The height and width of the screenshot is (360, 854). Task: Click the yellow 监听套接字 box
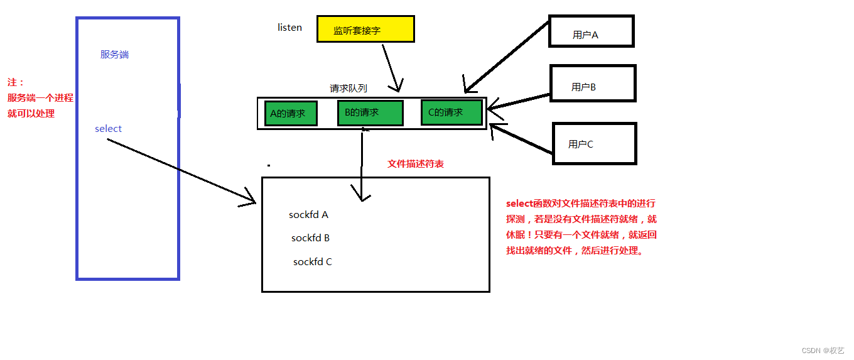365,30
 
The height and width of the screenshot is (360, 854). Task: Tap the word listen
289,28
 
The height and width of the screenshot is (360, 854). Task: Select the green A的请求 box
290,114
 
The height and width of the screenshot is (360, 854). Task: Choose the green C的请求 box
451,112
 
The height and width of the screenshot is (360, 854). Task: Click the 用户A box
591,31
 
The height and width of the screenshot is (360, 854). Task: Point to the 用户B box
593,84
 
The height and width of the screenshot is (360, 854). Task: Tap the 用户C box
594,144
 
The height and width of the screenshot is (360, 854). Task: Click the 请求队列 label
348,89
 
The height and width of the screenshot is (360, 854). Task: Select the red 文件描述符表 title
416,164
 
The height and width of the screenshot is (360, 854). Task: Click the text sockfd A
308,215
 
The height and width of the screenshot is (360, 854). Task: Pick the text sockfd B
310,238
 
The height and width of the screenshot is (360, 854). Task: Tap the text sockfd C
312,262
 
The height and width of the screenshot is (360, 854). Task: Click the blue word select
108,129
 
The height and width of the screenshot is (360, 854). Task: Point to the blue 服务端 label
114,55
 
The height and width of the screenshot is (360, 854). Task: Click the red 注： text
16,83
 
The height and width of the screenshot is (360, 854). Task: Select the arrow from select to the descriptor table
182,171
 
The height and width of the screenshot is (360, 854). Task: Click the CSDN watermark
823,351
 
